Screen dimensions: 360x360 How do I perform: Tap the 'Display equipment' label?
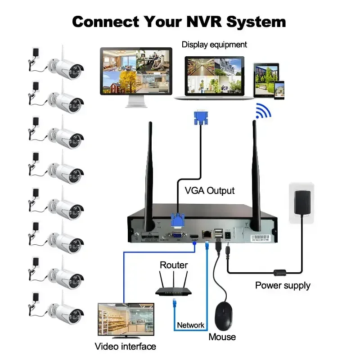(x=214, y=45)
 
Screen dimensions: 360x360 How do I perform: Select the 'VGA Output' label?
(x=210, y=190)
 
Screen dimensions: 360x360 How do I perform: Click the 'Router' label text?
(x=174, y=265)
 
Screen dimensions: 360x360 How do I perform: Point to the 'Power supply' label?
(x=283, y=285)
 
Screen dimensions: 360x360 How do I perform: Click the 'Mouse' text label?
(x=222, y=337)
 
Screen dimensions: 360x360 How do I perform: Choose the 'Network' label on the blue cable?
(x=190, y=325)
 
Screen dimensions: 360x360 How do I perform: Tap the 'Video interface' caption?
(x=125, y=346)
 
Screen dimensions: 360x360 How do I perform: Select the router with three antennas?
(x=174, y=288)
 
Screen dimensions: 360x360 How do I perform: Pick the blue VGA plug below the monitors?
(x=201, y=118)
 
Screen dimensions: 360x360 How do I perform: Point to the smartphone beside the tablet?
(x=280, y=88)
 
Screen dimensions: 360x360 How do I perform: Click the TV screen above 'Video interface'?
(x=126, y=319)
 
